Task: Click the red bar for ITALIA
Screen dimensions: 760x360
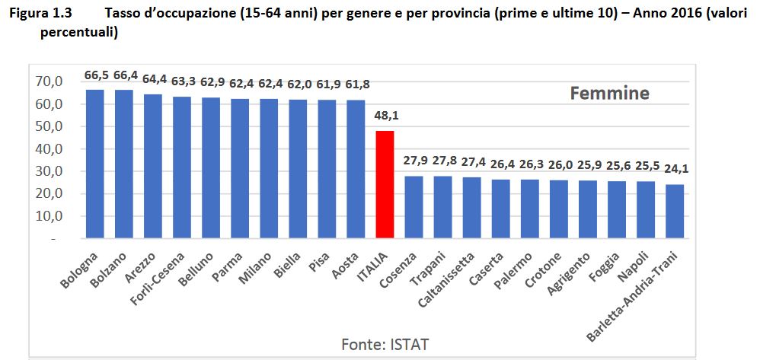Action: (x=385, y=184)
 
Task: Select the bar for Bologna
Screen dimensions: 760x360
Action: (x=95, y=164)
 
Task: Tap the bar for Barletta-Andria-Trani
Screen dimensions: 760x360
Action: (x=675, y=212)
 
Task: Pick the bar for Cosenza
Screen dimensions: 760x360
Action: (x=414, y=207)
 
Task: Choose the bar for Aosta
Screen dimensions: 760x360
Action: (x=356, y=169)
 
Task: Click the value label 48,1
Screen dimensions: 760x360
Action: (x=385, y=116)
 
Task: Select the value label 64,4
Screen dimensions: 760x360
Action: (x=154, y=79)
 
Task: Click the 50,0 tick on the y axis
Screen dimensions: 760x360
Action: (x=49, y=127)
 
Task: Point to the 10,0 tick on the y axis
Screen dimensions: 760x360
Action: (x=49, y=217)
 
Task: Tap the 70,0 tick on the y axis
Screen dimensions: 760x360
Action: (x=49, y=82)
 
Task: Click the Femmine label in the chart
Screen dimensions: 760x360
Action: (x=609, y=93)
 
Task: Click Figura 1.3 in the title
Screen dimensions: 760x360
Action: (x=41, y=13)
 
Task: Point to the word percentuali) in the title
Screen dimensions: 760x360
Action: (x=79, y=34)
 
